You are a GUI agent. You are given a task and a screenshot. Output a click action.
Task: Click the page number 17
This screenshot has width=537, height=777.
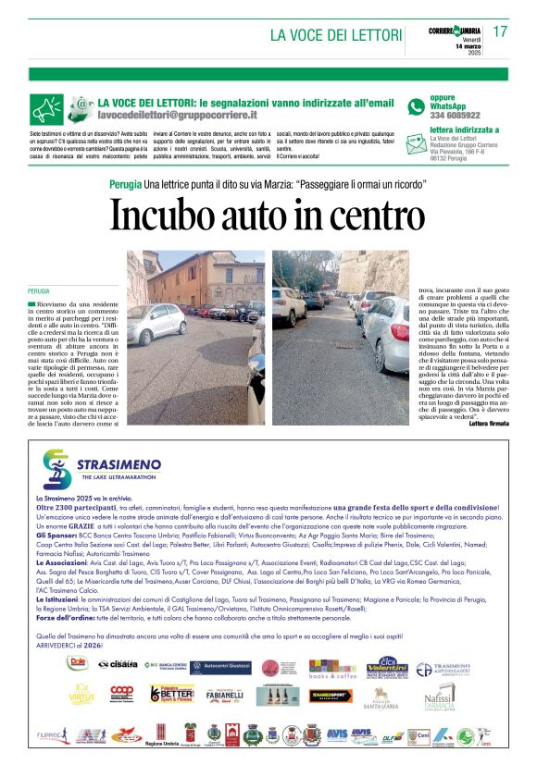click(x=500, y=31)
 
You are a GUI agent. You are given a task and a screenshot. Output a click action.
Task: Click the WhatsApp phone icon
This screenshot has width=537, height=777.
click(x=416, y=106)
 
